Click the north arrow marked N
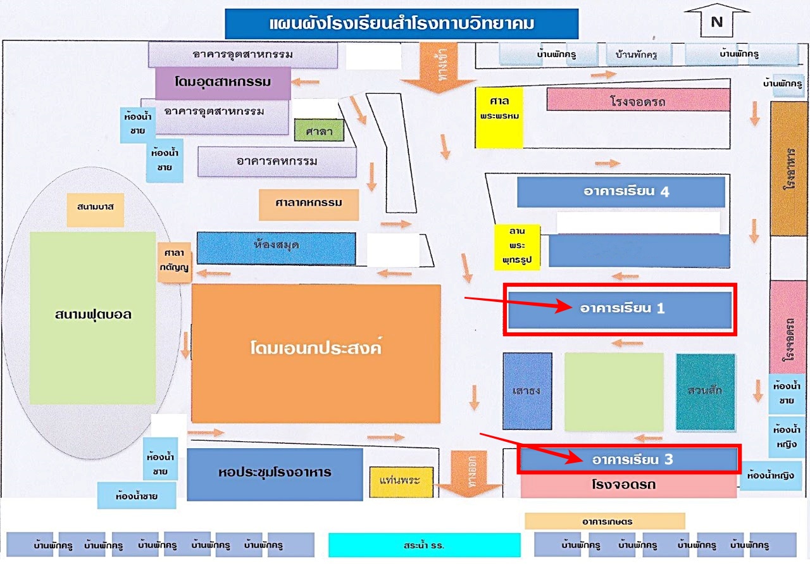tap(716, 21)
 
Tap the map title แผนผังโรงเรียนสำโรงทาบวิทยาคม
tap(402, 24)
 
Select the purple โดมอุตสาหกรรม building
tap(223, 82)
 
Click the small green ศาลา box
tap(320, 130)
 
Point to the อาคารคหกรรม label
tap(277, 161)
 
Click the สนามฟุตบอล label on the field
tap(93, 314)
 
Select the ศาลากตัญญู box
tap(174, 260)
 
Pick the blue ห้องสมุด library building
tap(276, 247)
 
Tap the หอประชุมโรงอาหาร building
tap(275, 473)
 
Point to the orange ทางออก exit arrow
tap(469, 473)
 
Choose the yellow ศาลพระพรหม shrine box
tap(499, 118)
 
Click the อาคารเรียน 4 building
tap(621, 192)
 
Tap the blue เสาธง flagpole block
tap(527, 391)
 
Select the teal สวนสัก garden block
tap(706, 391)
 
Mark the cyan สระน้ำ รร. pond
tap(424, 544)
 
